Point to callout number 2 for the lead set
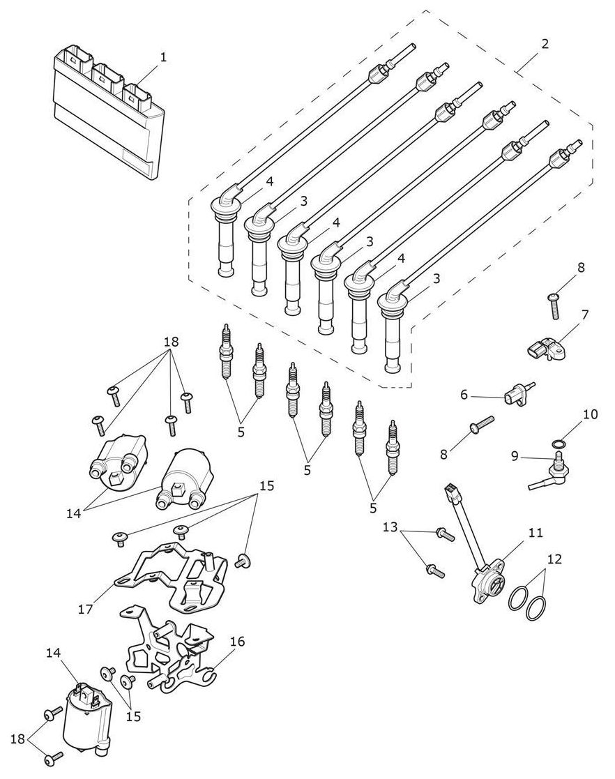pos(545,44)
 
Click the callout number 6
pos(464,395)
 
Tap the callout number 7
pos(585,315)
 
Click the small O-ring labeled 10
pos(559,444)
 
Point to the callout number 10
pos(590,414)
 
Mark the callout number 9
pos(515,455)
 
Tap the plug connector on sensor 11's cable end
pos(450,492)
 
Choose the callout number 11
pos(536,533)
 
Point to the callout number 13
pos(390,527)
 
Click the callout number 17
pos(86,608)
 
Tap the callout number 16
pos(238,642)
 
